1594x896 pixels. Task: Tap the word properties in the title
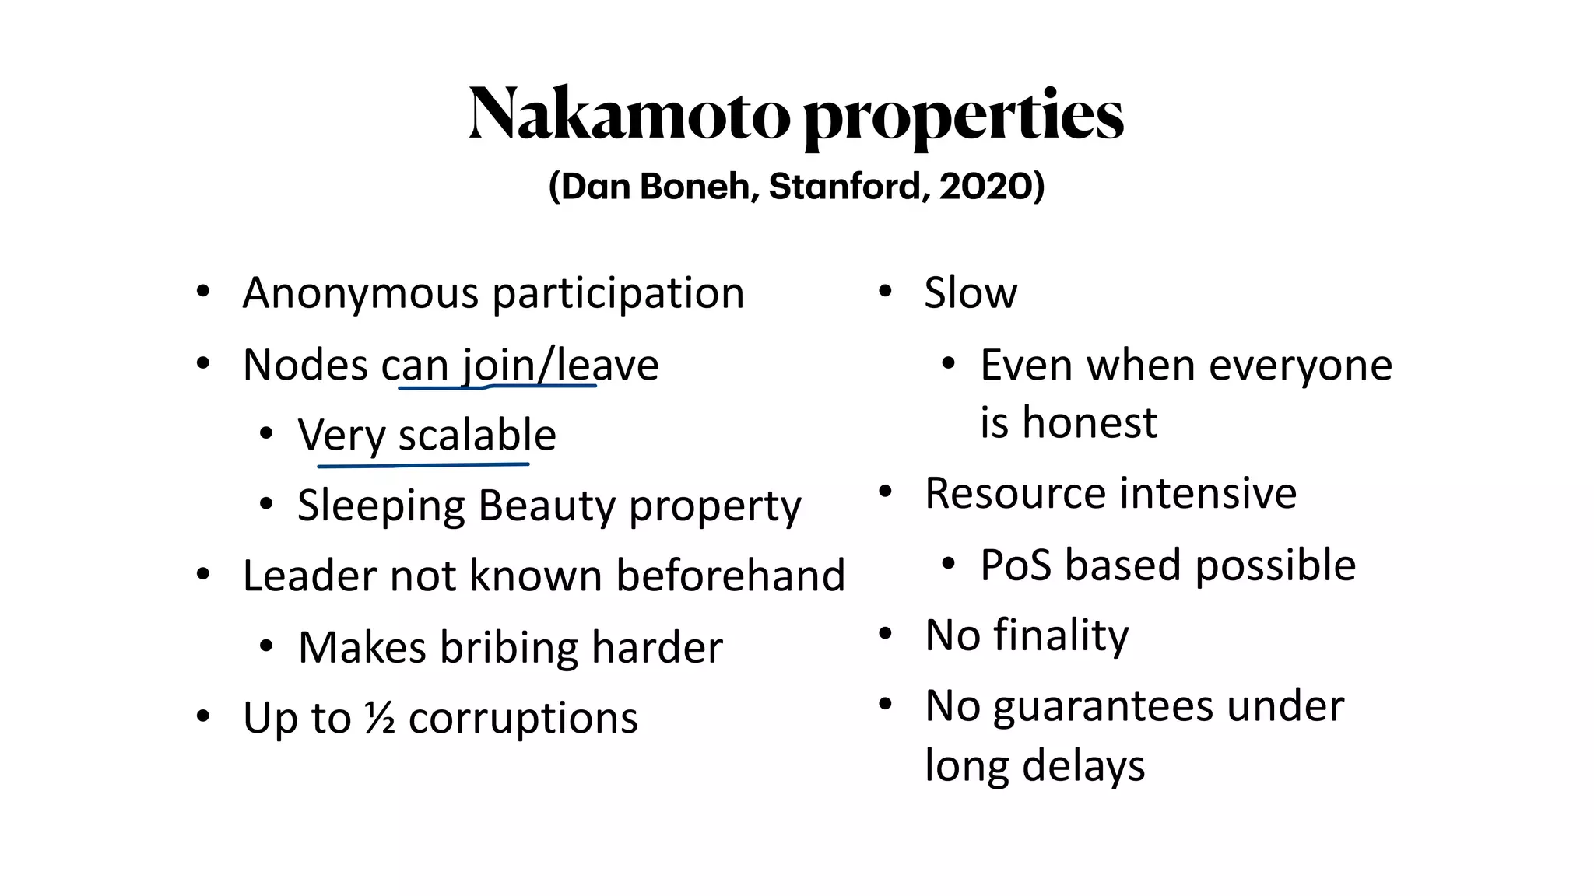click(x=963, y=117)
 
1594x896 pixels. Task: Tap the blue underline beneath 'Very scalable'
click(x=423, y=465)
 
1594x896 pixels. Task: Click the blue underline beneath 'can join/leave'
click(x=498, y=386)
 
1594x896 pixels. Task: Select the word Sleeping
click(x=381, y=507)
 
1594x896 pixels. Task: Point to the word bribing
click(x=509, y=648)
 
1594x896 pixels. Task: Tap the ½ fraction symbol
click(x=380, y=718)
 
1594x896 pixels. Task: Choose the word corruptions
click(x=523, y=718)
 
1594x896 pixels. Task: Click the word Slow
click(x=971, y=294)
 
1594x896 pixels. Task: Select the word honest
click(x=1090, y=423)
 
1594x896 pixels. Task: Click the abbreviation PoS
click(x=1016, y=565)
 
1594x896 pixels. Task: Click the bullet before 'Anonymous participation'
click(x=203, y=293)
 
